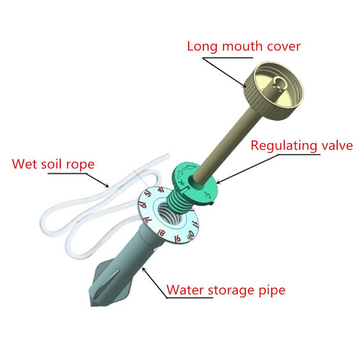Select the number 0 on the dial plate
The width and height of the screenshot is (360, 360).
[191, 233]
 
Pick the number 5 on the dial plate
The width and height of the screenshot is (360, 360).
[148, 198]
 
